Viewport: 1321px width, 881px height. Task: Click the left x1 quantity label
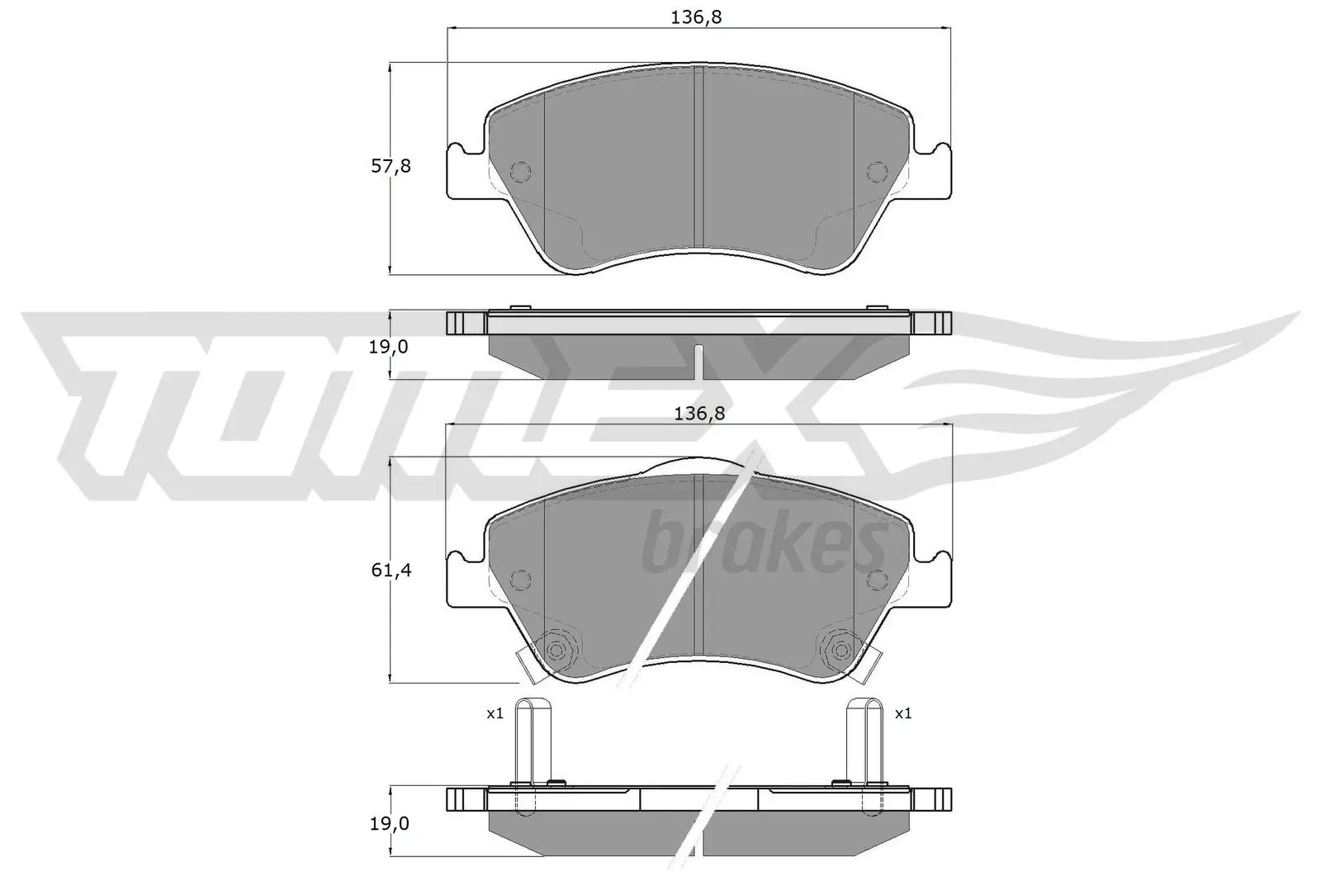pos(495,713)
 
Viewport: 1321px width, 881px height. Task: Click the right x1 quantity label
pos(903,713)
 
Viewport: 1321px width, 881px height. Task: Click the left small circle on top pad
pos(521,172)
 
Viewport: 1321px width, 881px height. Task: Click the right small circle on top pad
pos(876,172)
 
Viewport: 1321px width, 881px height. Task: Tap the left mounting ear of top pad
pos(464,173)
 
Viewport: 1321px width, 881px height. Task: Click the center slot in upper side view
pos(698,360)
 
